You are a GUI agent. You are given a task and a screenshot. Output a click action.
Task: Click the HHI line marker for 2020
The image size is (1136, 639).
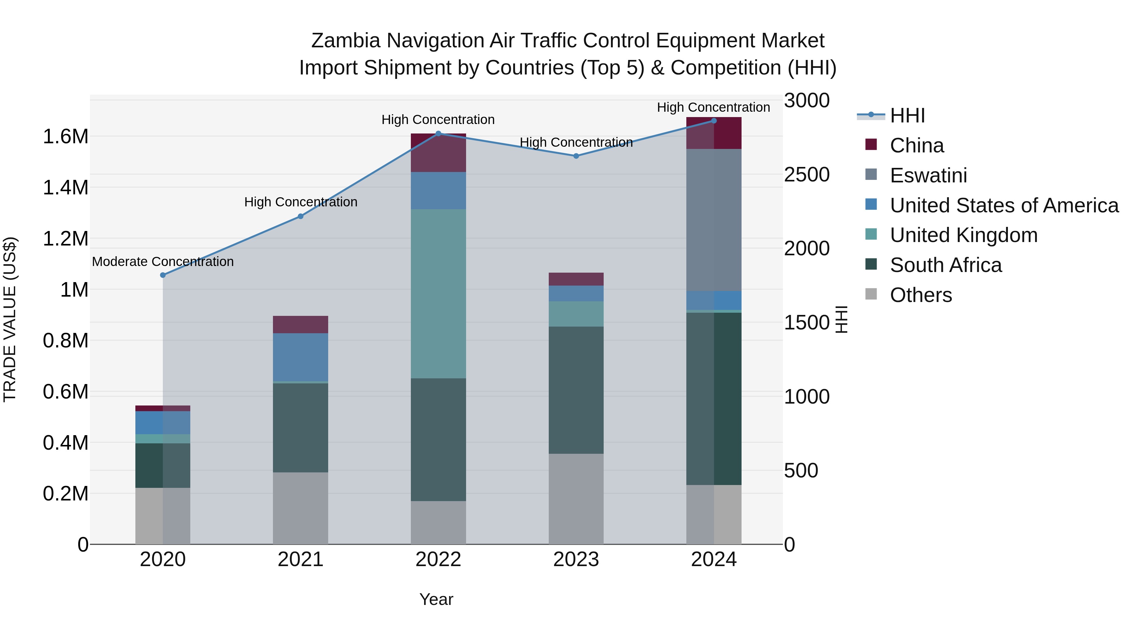click(163, 275)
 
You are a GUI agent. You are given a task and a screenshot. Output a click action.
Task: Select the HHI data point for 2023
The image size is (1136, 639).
click(576, 156)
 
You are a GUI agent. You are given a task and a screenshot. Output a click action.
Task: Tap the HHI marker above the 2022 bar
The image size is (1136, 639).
click(438, 133)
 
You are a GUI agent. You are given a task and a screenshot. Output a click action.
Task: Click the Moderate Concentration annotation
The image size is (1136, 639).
click(163, 262)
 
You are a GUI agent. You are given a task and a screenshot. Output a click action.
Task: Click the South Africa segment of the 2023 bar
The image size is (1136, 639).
click(576, 390)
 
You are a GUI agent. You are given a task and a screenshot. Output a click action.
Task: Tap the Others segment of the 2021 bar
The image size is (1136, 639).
click(300, 508)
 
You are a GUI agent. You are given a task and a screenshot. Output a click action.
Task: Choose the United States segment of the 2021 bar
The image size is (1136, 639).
click(300, 357)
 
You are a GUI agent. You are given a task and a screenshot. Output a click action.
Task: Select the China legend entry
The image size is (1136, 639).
click(916, 145)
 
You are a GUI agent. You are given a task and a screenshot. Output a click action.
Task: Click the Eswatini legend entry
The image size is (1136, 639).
click(928, 175)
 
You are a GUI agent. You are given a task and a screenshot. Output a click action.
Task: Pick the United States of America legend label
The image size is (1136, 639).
click(1004, 205)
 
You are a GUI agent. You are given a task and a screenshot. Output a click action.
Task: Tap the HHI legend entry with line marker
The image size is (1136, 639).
click(907, 115)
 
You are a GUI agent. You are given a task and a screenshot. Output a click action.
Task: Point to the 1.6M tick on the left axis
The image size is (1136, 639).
click(65, 137)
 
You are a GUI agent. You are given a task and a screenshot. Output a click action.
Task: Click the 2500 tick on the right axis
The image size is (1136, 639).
click(807, 175)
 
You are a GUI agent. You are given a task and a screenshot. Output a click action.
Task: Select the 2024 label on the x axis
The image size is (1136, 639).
click(713, 559)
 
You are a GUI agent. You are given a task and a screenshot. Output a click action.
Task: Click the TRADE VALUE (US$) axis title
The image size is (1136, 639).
click(10, 319)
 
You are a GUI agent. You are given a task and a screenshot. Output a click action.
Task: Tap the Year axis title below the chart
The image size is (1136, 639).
click(436, 599)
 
